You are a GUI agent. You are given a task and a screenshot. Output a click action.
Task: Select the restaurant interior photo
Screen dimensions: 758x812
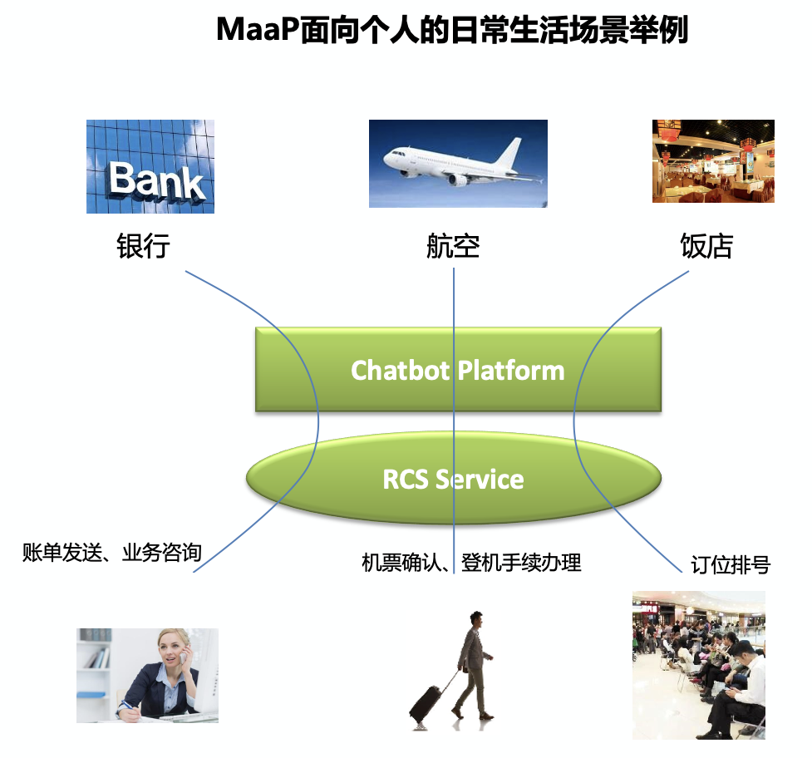coord(713,160)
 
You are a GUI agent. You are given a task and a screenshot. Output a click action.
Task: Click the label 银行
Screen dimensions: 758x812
coord(143,246)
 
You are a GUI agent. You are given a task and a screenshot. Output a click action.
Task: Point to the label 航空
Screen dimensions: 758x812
coord(453,246)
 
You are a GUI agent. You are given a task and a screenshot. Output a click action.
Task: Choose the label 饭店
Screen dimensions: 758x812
coord(706,246)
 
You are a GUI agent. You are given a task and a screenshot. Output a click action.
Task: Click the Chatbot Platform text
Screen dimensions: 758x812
coord(457,370)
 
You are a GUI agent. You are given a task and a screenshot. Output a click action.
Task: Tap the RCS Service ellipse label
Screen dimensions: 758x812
coord(453,480)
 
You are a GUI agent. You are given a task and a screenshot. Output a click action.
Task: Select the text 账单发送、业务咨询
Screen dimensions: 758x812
coord(112,552)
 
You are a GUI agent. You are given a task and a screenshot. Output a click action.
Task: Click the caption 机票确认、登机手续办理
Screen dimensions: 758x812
coord(471,563)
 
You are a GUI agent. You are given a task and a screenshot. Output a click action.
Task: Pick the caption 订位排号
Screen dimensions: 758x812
coord(731,566)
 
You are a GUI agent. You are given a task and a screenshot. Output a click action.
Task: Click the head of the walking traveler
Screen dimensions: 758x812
coord(475,619)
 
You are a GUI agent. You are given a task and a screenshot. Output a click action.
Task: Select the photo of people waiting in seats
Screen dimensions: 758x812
coord(698,665)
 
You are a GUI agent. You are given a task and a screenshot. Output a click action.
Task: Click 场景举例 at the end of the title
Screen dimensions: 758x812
coord(631,31)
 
